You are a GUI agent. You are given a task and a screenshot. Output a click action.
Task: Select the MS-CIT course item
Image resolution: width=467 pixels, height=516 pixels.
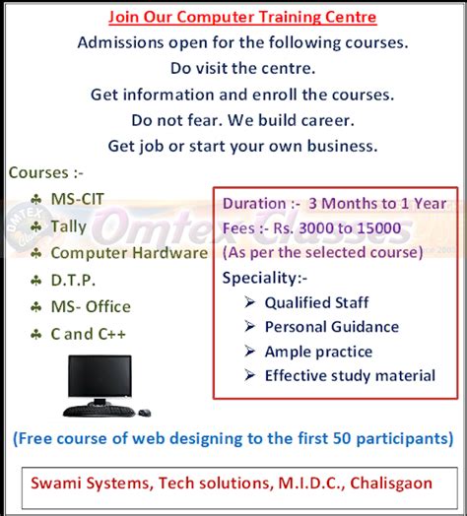click(x=77, y=200)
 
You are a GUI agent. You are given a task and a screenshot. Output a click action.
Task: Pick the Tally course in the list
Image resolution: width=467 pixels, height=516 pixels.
click(x=69, y=226)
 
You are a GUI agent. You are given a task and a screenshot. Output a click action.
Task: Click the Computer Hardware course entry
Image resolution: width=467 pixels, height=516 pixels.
click(x=129, y=253)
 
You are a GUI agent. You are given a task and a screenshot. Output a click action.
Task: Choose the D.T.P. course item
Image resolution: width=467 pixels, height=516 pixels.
click(x=73, y=280)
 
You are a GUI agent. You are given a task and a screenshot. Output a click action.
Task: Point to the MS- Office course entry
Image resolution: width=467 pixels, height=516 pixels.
click(x=91, y=306)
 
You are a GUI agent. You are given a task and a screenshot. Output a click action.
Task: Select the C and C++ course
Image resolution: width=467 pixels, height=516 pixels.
click(x=89, y=334)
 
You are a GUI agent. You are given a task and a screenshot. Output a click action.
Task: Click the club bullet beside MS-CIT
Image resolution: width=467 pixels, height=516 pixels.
click(x=35, y=200)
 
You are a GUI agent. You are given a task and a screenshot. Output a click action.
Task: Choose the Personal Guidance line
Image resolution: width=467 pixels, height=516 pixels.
click(x=332, y=327)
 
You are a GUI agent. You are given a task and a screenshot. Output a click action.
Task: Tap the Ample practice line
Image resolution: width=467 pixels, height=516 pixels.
click(x=318, y=352)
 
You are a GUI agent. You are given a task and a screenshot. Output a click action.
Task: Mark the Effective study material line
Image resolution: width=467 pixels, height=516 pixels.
click(x=350, y=375)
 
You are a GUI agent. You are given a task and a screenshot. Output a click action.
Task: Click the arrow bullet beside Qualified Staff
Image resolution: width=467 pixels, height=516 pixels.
click(x=249, y=303)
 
